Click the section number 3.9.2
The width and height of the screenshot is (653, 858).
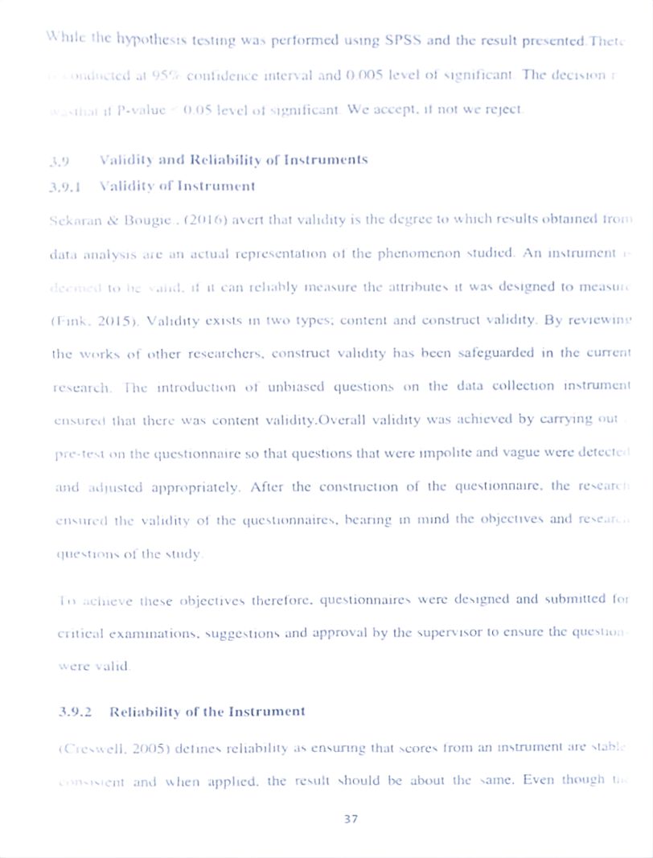coord(76,712)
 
